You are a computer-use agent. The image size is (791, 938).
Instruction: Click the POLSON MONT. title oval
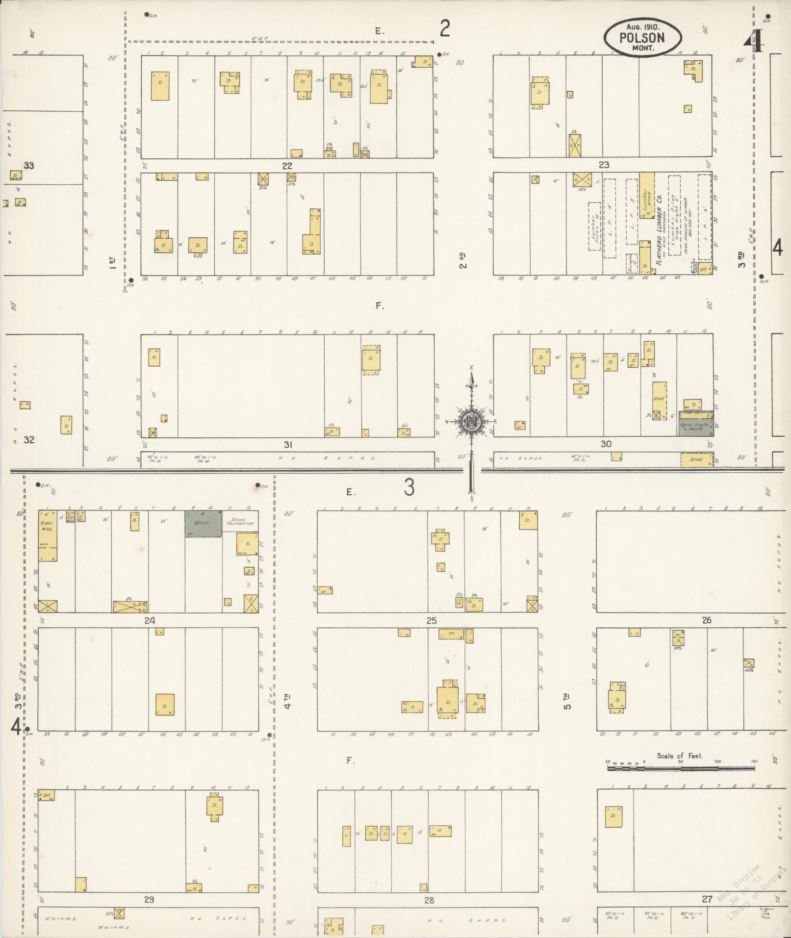642,37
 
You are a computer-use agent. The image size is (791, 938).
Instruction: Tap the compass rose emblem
471,420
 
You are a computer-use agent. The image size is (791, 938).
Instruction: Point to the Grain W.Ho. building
48,535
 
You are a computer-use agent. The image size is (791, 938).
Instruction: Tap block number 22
287,166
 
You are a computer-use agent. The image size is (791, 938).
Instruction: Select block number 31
288,445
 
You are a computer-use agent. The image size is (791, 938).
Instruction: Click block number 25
431,621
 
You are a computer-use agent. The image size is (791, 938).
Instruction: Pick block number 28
429,900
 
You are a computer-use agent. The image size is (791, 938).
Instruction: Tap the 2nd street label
462,260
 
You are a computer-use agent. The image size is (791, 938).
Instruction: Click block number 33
29,166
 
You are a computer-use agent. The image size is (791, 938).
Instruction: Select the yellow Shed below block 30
696,459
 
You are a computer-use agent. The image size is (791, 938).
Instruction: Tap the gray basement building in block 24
203,524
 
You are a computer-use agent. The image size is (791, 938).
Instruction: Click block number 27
707,899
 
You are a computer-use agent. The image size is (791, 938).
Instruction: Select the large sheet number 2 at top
444,29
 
